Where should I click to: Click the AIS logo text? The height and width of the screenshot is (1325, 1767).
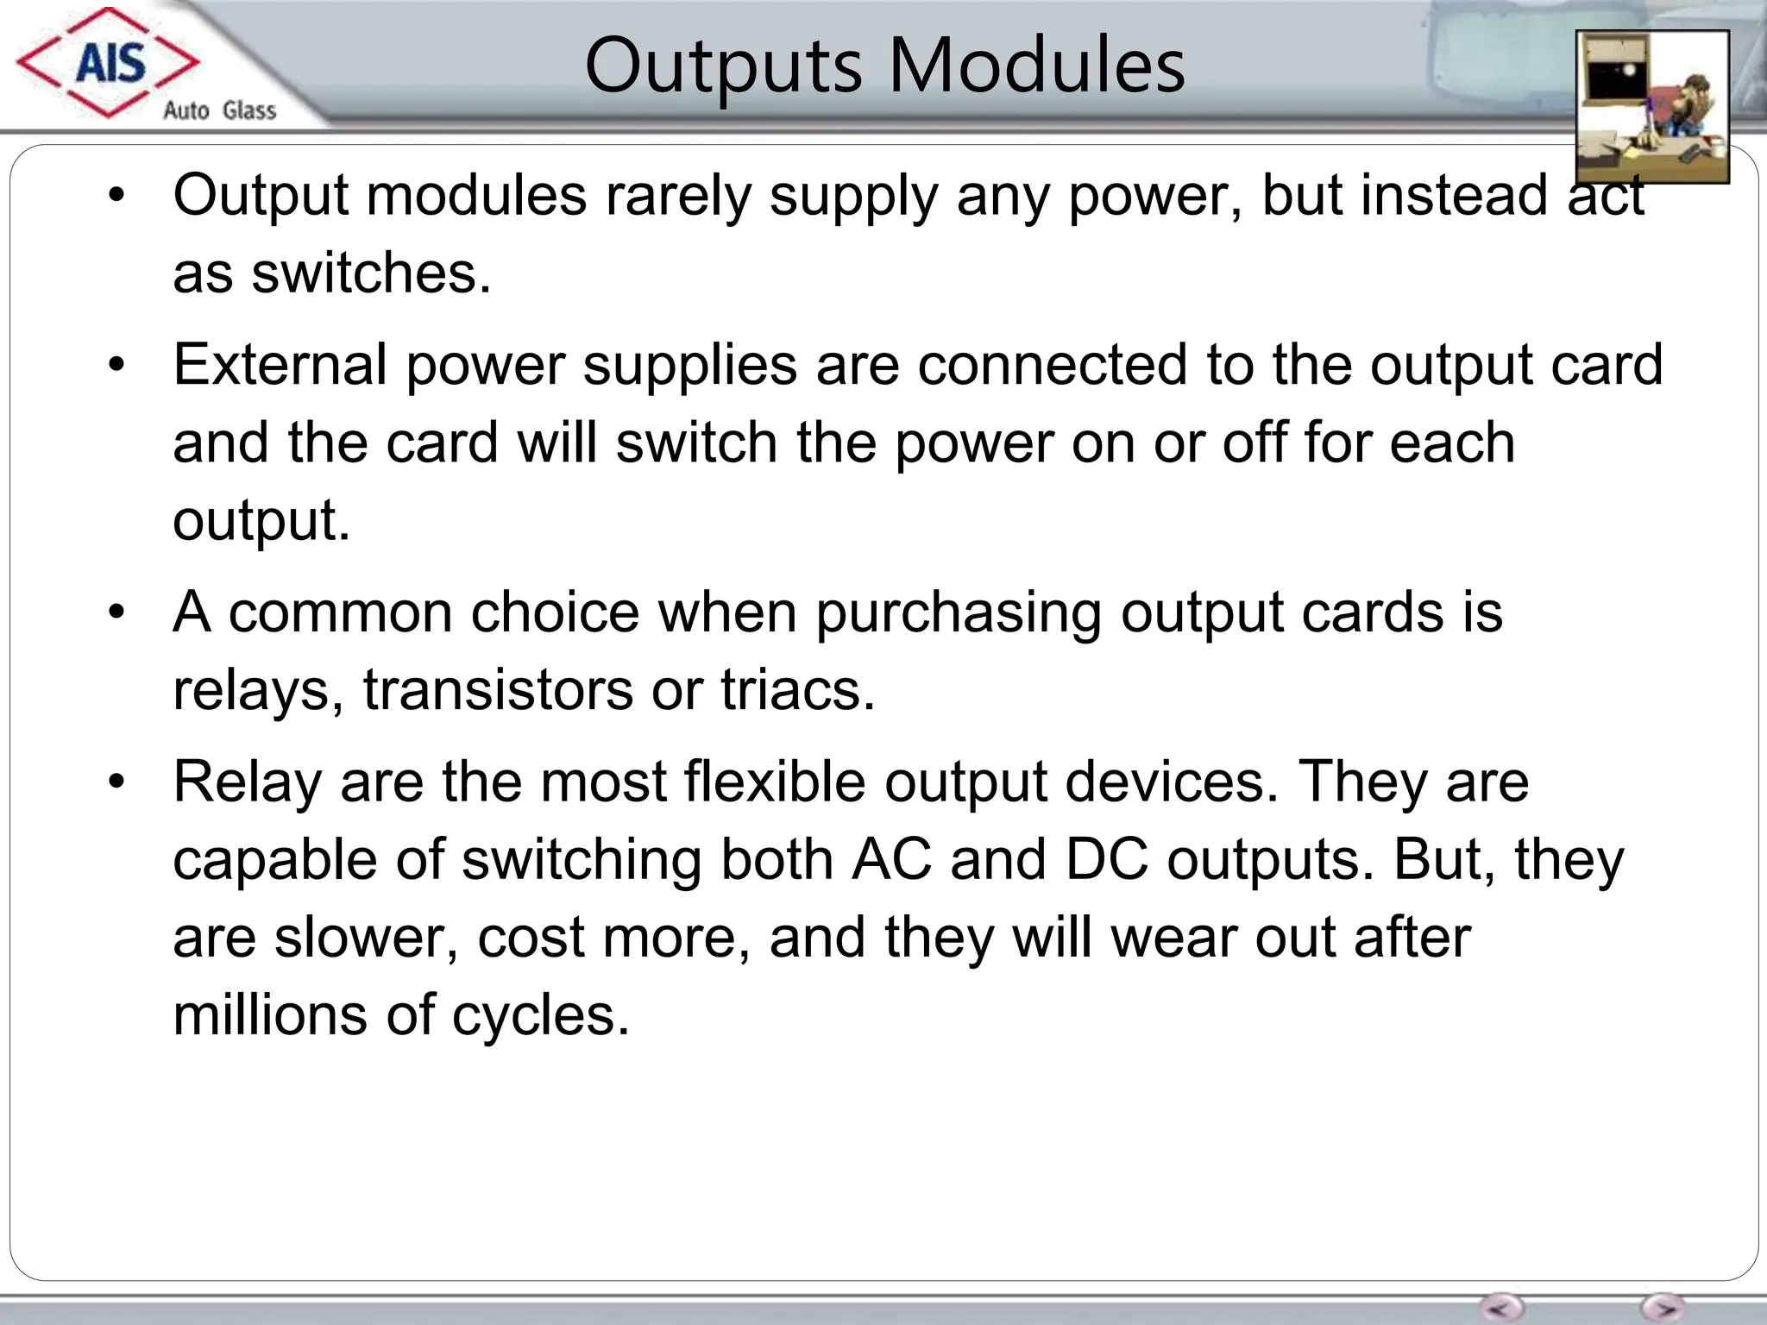pos(110,63)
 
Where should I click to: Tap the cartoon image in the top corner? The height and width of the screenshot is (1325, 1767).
pos(1651,106)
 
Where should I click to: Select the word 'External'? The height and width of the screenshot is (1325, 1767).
pos(280,365)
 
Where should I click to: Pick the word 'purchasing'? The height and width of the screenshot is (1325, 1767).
pos(958,613)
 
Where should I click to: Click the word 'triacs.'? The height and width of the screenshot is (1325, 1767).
pos(798,691)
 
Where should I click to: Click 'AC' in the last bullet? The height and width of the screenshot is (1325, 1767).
pos(891,860)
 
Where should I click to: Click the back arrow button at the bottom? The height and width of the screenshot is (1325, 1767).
pos(1502,1307)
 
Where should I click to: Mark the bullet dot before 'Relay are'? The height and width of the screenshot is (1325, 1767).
pos(117,782)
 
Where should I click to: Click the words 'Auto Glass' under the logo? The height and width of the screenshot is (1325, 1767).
pos(219,110)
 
